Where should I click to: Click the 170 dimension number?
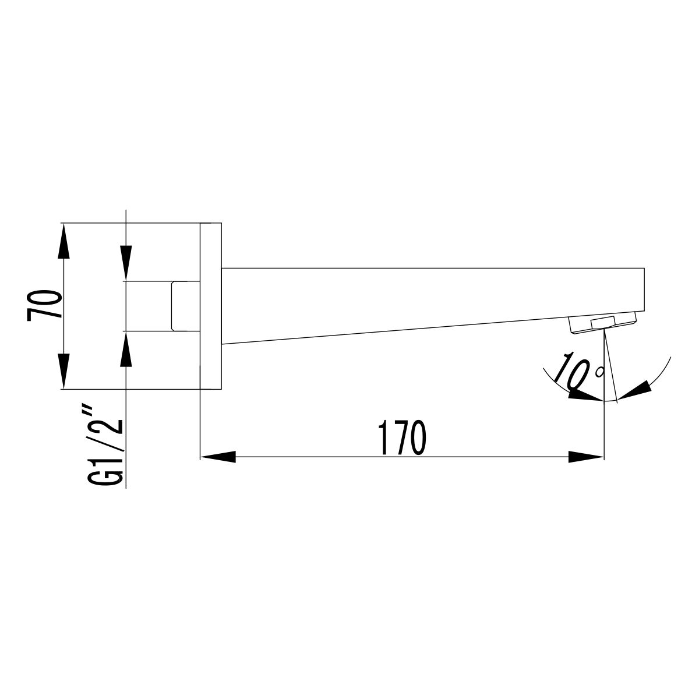tap(402, 438)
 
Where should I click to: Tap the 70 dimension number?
tap(44, 305)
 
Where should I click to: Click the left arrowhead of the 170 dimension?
tap(218, 457)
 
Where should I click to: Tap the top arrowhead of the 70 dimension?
tap(63, 241)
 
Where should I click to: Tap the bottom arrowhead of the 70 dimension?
tap(63, 371)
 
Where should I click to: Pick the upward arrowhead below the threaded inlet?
tap(126, 348)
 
